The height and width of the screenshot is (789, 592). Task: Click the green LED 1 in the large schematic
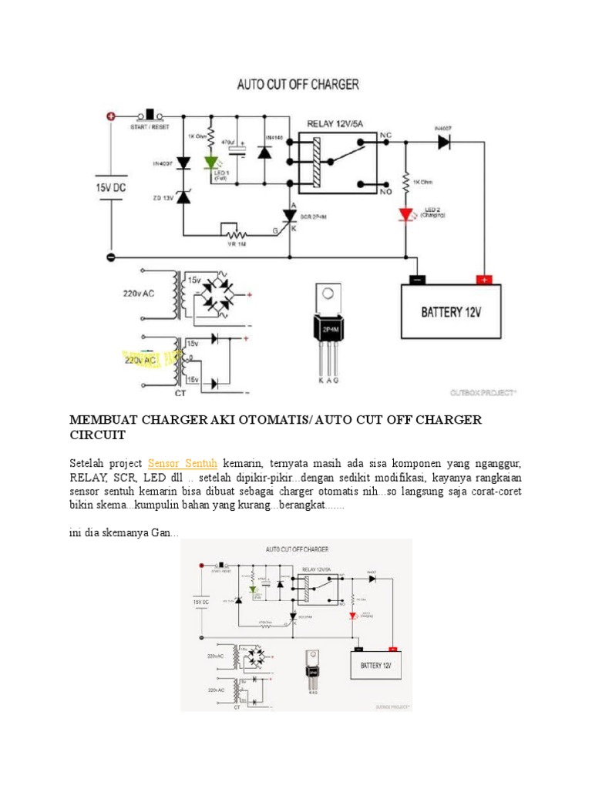tap(210, 163)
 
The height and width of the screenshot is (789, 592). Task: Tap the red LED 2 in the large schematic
tap(406, 213)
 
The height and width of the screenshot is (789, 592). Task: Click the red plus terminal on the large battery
tap(484, 280)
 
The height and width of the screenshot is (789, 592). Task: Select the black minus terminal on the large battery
tap(417, 280)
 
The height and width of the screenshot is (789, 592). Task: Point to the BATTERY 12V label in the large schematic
tap(451, 313)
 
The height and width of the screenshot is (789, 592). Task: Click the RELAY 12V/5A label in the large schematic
tap(340, 124)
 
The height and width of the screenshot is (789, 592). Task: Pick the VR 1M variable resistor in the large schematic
tap(232, 232)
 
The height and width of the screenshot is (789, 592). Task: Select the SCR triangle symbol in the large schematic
tap(291, 215)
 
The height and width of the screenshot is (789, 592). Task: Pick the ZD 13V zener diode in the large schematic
tap(183, 196)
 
